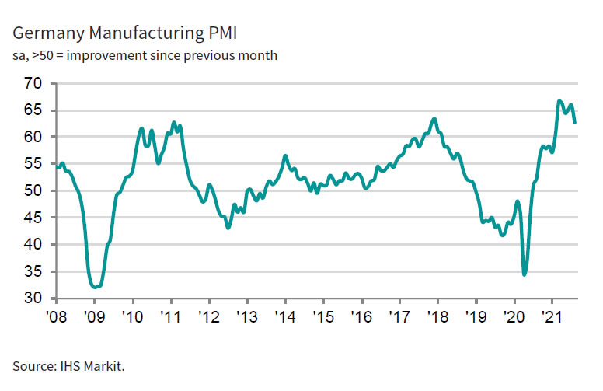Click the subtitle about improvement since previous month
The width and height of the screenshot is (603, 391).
click(x=145, y=56)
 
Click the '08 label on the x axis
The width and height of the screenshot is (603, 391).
click(x=56, y=316)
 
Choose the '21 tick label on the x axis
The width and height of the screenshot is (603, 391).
click(x=552, y=316)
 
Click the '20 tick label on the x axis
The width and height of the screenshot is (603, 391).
click(x=514, y=316)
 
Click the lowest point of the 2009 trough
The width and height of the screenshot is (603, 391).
click(x=96, y=288)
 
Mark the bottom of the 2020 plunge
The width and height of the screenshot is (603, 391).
click(x=525, y=274)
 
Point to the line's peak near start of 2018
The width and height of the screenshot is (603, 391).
click(x=434, y=118)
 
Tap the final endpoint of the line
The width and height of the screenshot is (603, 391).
click(x=575, y=123)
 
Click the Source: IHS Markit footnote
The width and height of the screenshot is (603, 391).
click(x=68, y=364)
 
